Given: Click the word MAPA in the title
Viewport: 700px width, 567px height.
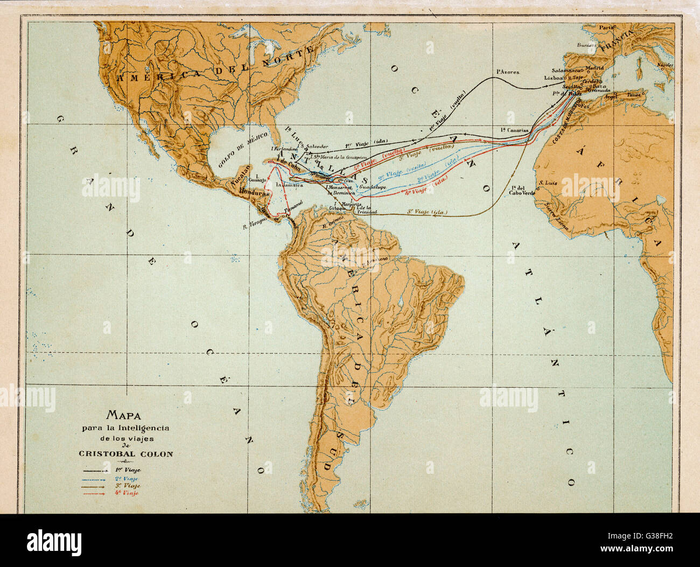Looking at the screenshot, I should (x=124, y=415).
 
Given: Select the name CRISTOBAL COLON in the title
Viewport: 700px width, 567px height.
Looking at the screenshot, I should (x=126, y=454).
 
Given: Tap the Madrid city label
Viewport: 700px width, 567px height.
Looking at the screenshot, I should (x=594, y=68).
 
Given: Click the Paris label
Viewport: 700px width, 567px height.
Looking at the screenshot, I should (x=607, y=26).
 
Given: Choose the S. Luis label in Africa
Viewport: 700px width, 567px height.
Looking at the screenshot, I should (x=547, y=183).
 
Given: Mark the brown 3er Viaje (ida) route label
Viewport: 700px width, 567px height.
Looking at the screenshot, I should (x=427, y=212).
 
